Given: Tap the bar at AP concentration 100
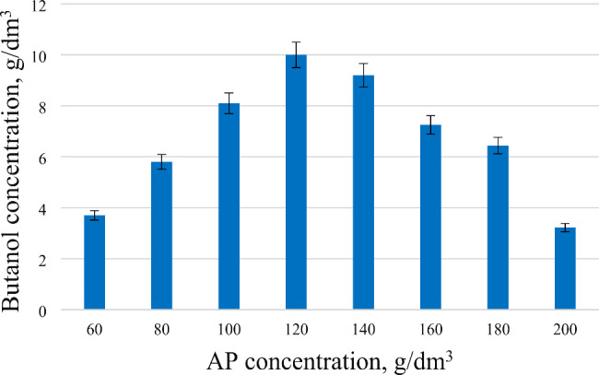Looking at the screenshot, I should [x=229, y=206].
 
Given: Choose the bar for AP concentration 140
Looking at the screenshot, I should [x=363, y=193].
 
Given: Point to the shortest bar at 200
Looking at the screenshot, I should [x=565, y=269].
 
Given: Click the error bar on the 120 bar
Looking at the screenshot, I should [x=296, y=54].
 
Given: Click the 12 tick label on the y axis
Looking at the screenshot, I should [x=40, y=5].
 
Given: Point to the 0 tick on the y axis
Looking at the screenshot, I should [x=43, y=311].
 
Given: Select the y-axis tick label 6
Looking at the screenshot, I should [x=43, y=158].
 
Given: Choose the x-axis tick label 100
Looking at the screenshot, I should [x=229, y=327].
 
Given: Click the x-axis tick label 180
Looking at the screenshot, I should [x=498, y=327].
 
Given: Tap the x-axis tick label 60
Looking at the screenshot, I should [x=94, y=327].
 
